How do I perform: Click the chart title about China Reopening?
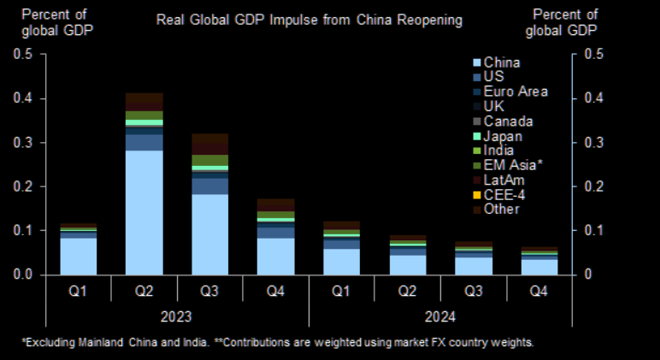309,19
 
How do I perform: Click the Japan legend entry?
502,136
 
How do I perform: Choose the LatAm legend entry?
504,180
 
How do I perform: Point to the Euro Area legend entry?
516,91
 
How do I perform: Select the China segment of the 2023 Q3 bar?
209,233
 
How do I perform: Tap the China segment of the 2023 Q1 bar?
79,256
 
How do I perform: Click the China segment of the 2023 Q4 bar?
275,256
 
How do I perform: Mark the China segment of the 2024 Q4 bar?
539,266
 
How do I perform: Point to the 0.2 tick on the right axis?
592,186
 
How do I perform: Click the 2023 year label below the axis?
177,316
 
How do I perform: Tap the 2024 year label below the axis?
440,316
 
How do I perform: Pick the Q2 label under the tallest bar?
144,292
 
